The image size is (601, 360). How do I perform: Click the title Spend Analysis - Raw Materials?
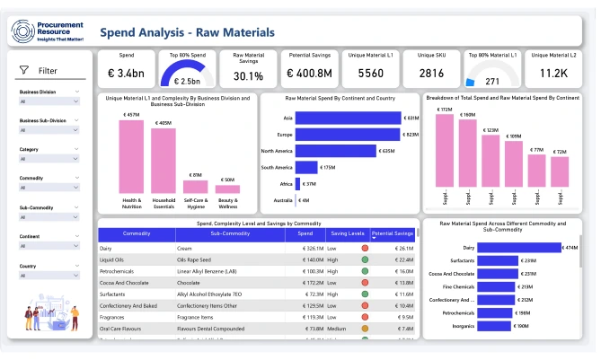coord(187,32)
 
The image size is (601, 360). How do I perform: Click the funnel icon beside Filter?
coord(23,70)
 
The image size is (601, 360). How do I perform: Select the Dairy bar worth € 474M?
coord(517,247)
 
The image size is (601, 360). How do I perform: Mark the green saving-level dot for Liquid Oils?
coord(365,259)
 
